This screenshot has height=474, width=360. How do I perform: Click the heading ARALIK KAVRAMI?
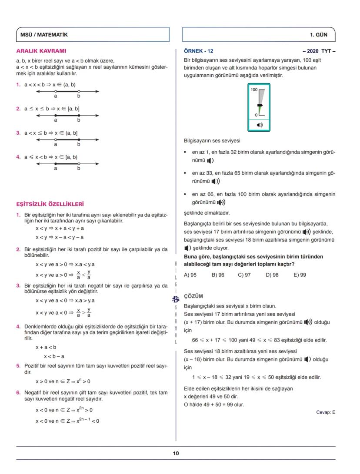41,51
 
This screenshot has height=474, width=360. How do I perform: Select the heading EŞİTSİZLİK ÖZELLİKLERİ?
50,204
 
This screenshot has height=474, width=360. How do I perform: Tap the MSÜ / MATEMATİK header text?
44,35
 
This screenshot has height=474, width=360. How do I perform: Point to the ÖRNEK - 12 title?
199,51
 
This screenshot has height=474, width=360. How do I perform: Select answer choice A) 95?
190,275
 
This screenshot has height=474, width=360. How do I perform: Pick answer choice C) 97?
244,275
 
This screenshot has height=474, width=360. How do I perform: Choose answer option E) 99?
300,275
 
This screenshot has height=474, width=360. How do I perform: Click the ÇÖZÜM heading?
193,296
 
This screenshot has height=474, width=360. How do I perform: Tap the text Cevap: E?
326,412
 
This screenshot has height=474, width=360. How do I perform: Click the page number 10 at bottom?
176,453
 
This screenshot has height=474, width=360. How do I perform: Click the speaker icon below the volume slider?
260,125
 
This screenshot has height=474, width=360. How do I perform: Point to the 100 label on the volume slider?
254,89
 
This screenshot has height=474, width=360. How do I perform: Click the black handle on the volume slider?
260,106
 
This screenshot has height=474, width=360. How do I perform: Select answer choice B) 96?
218,275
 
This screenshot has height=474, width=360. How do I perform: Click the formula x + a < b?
46,347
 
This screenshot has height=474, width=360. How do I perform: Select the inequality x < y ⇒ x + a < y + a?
60,228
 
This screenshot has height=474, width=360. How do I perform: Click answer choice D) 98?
272,275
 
